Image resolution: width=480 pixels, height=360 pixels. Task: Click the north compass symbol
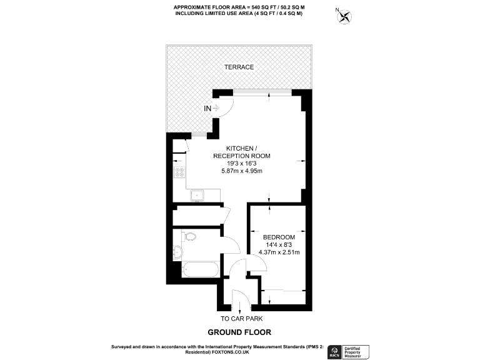click(343, 15)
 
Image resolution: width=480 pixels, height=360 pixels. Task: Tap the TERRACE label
click(239, 67)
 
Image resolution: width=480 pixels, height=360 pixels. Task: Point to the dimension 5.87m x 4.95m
click(239, 171)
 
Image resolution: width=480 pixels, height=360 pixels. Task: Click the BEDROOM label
click(279, 237)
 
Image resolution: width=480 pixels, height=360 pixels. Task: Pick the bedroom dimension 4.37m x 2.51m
click(279, 252)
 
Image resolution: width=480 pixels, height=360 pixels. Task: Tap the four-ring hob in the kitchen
click(179, 172)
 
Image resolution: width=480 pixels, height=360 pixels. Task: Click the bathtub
click(200, 269)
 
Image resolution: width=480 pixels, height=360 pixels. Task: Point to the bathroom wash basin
click(178, 252)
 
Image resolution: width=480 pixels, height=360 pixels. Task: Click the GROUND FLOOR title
click(239, 332)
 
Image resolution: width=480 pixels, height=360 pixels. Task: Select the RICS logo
click(335, 351)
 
